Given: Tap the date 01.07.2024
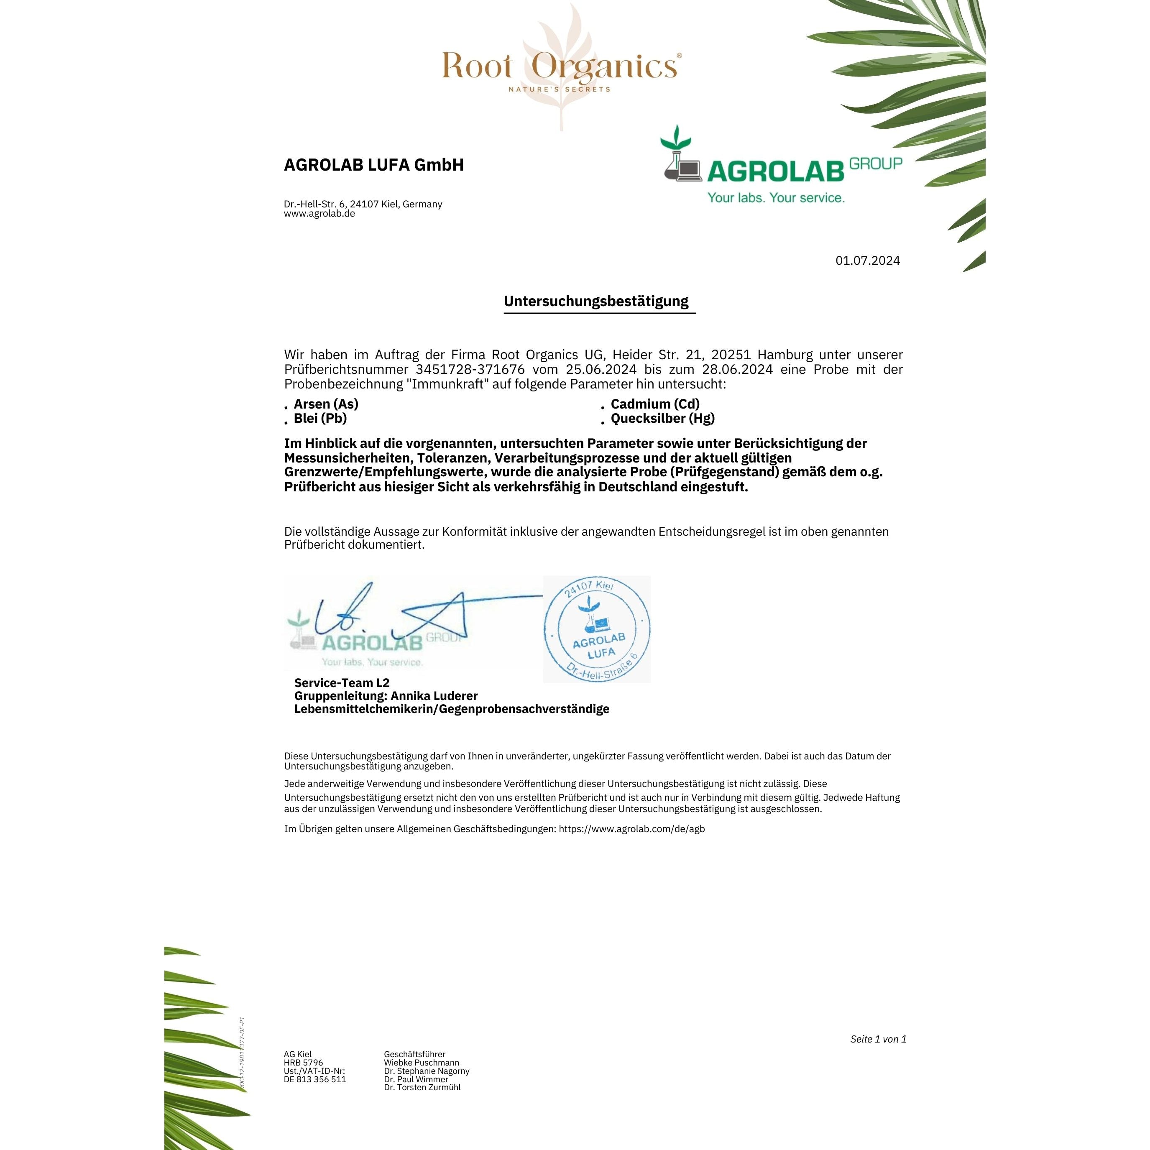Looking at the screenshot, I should coord(867,260).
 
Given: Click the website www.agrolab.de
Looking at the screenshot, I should coord(319,214).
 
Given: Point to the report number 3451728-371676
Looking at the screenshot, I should coord(470,369).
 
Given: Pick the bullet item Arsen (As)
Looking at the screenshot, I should coord(326,404).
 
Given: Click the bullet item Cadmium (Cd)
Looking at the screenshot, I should coord(655,404).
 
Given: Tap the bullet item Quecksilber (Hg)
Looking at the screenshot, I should coord(662,419).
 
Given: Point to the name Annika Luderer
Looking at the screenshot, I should coord(434,696).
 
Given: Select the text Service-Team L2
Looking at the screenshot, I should coord(342,683).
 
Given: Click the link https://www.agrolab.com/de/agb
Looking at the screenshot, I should coord(631,828).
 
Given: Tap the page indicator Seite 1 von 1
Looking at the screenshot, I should coord(878,1039).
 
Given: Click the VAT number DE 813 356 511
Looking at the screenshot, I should coord(315,1079).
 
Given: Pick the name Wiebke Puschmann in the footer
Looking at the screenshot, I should coord(422,1063).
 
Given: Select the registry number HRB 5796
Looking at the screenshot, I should coord(304,1063).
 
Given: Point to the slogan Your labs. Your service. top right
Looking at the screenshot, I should coord(776,198).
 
